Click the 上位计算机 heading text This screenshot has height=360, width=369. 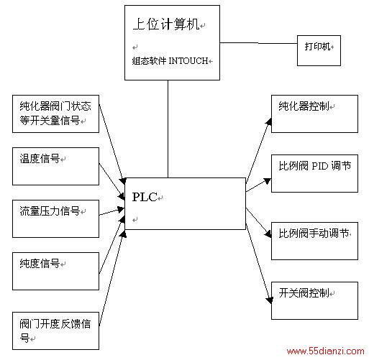click(166, 24)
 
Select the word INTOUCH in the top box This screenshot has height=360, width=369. click(188, 61)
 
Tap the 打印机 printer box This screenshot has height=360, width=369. click(319, 50)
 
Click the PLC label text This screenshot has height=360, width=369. click(145, 197)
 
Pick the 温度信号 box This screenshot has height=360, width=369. click(55, 166)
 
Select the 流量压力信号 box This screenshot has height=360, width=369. click(55, 218)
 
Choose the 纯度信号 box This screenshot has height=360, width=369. click(55, 271)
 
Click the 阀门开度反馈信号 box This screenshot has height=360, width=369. click(55, 331)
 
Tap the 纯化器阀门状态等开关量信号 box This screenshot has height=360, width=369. click(55, 114)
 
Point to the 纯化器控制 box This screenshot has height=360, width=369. click(314, 114)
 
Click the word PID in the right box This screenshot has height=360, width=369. click(319, 166)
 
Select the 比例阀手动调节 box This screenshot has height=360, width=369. click(314, 241)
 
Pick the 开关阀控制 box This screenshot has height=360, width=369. click(314, 300)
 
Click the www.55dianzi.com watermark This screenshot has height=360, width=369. click(325, 351)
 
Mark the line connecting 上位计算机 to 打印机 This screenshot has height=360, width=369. click(258, 43)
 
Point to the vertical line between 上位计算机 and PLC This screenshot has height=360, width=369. click(168, 129)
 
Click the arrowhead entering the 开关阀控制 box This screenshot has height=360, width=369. click(270, 300)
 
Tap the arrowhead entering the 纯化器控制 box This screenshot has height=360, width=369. click(268, 121)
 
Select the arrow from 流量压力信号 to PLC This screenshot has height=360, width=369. click(111, 211)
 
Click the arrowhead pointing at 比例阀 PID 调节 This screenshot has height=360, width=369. click(267, 181)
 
